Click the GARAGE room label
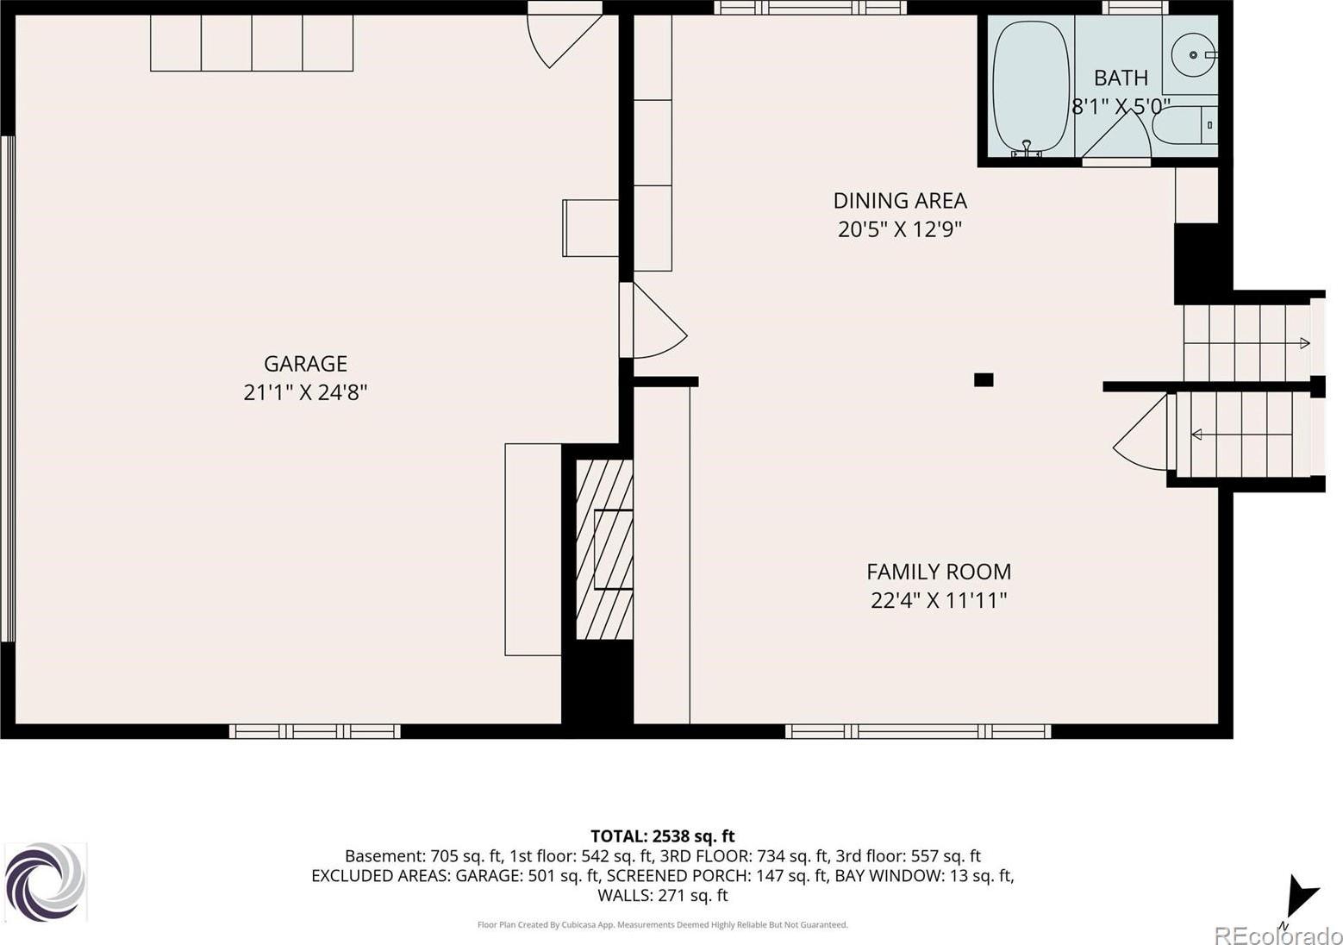coord(305,364)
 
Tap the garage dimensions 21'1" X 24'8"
coord(305,393)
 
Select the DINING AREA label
coord(900,201)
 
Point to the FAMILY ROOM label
coord(939,572)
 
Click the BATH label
coord(1121,78)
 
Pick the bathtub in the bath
coord(1031,88)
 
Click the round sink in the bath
coord(1193,54)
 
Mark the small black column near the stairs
coord(984,379)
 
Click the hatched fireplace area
coord(604,549)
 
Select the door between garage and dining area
coord(653,321)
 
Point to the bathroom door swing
coord(1116,137)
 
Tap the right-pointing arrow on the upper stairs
coord(1304,343)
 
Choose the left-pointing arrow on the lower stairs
coord(1196,434)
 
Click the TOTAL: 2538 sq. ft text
coord(663,835)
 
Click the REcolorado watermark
coord(1277,934)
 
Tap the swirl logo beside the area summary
coord(46,882)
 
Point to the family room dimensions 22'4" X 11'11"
coord(939,600)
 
